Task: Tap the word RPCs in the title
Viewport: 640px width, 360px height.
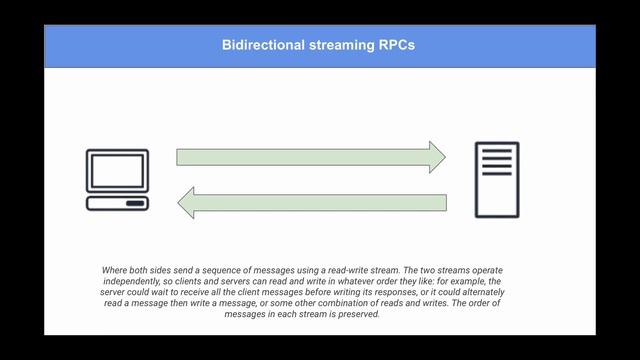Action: tap(396, 46)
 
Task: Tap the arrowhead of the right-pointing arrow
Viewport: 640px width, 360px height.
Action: tap(437, 156)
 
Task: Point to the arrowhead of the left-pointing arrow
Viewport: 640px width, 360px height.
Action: tap(186, 204)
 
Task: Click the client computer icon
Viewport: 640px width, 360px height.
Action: tap(118, 179)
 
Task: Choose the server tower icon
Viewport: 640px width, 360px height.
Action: tap(497, 179)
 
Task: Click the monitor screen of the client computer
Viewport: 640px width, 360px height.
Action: tap(118, 171)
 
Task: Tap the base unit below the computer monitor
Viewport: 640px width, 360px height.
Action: tap(118, 203)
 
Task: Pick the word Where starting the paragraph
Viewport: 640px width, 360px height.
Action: tap(116, 270)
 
